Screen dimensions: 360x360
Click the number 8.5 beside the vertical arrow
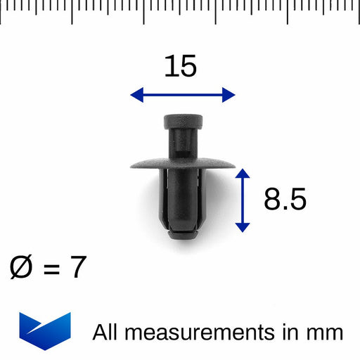285,200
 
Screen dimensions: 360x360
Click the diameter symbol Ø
22,268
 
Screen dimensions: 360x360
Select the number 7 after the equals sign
78,268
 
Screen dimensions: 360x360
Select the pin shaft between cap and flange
182,144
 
